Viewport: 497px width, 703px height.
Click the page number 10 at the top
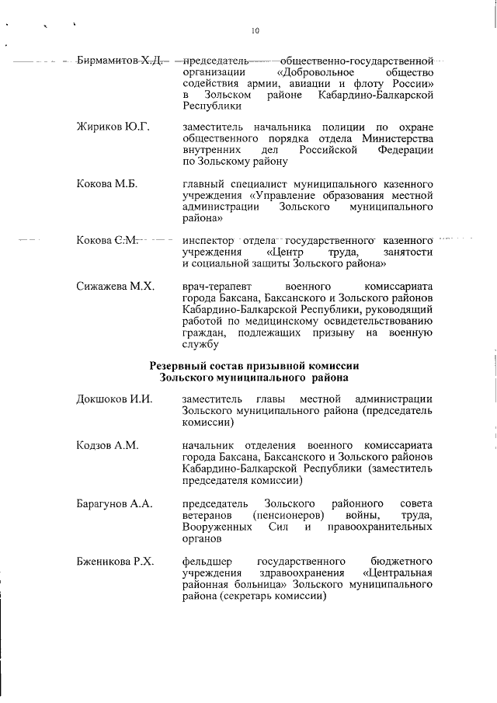click(255, 31)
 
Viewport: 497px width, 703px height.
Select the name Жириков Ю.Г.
click(113, 127)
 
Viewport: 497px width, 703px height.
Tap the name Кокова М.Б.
click(107, 184)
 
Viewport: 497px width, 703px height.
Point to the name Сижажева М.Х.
click(116, 287)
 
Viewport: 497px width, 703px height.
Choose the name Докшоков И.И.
click(114, 399)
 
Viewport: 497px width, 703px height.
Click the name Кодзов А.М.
click(107, 445)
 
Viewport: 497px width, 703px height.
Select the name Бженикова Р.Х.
click(116, 561)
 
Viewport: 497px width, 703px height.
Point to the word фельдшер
click(207, 561)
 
